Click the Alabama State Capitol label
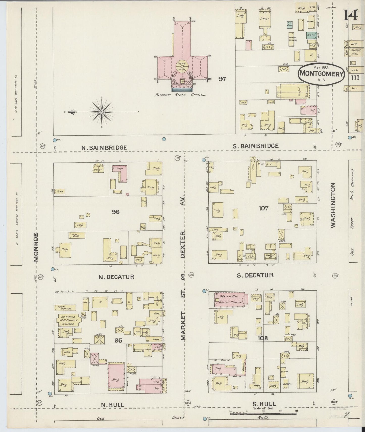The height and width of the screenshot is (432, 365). click(x=181, y=95)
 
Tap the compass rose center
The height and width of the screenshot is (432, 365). click(x=102, y=112)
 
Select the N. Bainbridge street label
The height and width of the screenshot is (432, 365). click(x=104, y=148)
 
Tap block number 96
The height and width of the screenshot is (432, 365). click(x=116, y=212)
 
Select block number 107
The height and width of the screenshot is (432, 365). click(x=263, y=208)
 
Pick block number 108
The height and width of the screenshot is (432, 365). click(x=263, y=338)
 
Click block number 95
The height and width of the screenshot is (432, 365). click(x=118, y=341)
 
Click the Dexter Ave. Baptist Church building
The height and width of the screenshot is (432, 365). click(x=229, y=299)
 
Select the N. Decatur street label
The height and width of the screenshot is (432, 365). click(x=116, y=277)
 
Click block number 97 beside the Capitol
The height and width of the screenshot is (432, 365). click(x=222, y=79)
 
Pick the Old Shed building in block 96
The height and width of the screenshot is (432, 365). click(x=77, y=235)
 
